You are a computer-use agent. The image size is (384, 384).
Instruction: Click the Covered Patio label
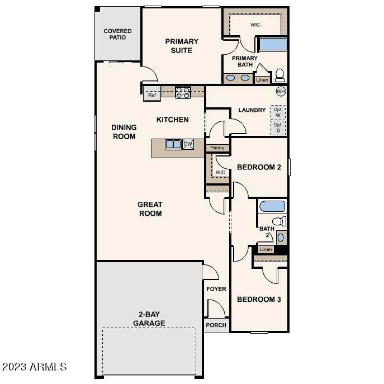pos(117,34)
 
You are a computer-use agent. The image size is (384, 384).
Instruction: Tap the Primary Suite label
pos(182,46)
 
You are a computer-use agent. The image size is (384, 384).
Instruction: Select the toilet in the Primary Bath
pos(280,75)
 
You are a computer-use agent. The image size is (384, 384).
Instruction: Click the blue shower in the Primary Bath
pos(273,44)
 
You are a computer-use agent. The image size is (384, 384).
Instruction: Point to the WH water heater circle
pos(281,91)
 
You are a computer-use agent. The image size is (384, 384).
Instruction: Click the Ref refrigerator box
pos(152,94)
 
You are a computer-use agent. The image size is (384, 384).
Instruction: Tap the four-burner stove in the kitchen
pos(183,93)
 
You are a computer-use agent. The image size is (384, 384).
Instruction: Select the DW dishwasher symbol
pos(188,144)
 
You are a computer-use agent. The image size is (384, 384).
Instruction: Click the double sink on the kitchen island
pos(173,144)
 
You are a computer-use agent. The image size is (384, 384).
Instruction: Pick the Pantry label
pos(217,148)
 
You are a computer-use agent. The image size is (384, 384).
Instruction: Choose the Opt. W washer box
pos(278,112)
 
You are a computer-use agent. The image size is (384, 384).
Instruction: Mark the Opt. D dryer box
pos(278,127)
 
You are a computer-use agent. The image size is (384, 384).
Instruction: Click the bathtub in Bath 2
pos(272,206)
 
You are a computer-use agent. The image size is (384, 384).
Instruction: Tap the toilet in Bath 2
pos(279,221)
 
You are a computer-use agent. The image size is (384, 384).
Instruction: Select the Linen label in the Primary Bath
pos(262,80)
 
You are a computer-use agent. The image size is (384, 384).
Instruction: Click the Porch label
pos(216,325)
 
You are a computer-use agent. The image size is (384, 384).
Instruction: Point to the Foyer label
pos(216,289)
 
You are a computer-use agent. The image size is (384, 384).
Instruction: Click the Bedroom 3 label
pos(259,299)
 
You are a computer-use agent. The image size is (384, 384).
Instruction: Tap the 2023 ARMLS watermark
pos(34,367)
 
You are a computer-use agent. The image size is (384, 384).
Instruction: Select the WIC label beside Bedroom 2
pos(220,172)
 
